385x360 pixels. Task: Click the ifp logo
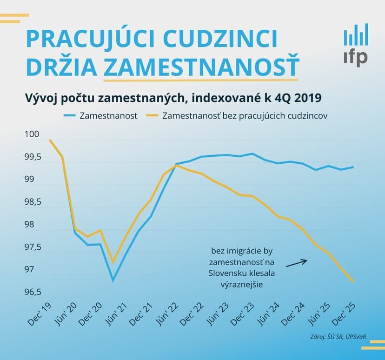coord(356,45)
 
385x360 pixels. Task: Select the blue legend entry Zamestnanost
coord(100,116)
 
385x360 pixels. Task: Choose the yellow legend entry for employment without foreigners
coord(237,116)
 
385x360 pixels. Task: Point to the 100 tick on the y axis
coord(32,134)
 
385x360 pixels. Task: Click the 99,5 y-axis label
coord(33,157)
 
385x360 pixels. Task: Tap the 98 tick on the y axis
coord(29,225)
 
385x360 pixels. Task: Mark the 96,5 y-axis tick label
coord(33,292)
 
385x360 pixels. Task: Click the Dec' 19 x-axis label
coord(40,314)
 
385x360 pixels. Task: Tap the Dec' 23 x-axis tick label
coord(242,314)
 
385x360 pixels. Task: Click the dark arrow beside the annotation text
coord(297,263)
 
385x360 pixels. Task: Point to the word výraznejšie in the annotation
coord(242,285)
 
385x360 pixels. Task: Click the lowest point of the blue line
coord(113,280)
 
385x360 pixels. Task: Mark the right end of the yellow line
coord(353,282)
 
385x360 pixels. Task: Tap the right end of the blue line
coord(353,167)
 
